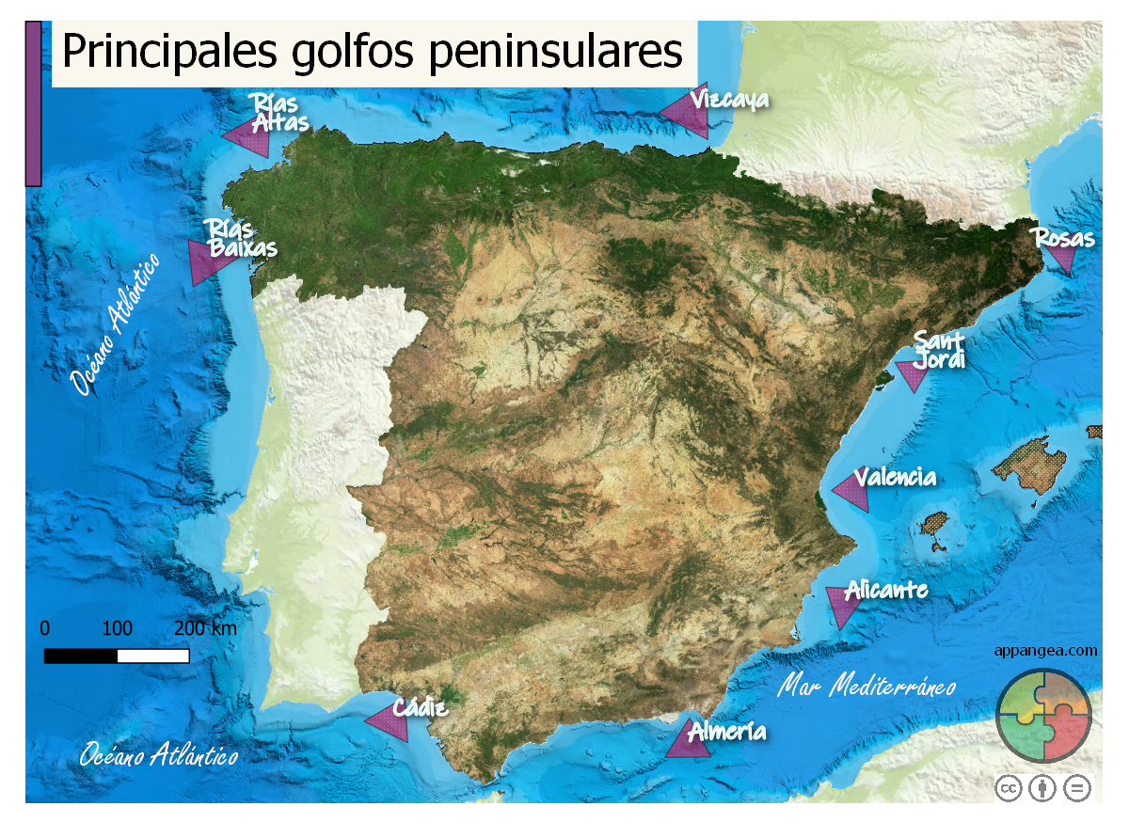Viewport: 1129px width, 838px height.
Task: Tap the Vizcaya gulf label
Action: (x=729, y=99)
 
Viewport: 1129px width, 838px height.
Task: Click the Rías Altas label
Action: (x=278, y=113)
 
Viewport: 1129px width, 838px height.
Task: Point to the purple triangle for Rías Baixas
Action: (x=205, y=261)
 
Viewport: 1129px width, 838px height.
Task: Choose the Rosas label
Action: (x=1065, y=238)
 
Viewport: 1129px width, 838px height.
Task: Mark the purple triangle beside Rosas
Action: (x=1063, y=258)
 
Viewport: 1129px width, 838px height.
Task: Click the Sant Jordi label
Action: (x=940, y=349)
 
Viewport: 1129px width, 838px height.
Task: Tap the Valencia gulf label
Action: (x=896, y=477)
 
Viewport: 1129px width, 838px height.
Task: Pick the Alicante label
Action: (x=886, y=590)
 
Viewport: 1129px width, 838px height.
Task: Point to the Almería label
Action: (x=727, y=731)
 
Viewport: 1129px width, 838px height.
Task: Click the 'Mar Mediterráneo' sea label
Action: (x=867, y=686)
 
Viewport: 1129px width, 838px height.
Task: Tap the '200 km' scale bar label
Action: (x=205, y=628)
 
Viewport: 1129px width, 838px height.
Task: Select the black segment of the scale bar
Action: (x=81, y=656)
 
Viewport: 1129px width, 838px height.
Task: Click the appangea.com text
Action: (x=1045, y=650)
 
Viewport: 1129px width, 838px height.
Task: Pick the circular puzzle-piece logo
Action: (x=1043, y=716)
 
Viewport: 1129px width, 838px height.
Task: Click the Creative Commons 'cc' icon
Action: (x=1010, y=788)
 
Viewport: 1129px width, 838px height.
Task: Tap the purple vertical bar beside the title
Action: (x=33, y=103)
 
